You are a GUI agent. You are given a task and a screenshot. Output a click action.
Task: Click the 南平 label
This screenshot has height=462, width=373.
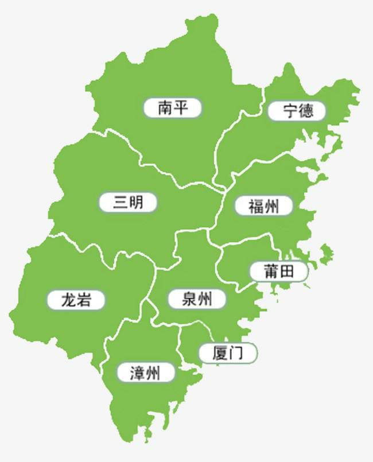172,107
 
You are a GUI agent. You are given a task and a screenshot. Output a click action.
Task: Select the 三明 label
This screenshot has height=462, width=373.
128,203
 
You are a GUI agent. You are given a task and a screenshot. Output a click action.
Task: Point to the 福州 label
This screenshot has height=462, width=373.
263,205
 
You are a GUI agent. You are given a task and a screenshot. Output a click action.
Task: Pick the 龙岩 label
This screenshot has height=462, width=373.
76,299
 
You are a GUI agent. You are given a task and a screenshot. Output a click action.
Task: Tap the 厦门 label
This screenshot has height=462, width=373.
227,352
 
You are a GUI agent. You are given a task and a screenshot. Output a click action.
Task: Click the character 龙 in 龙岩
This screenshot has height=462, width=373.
68,299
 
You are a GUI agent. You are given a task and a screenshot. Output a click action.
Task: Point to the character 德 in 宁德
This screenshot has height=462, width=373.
306,111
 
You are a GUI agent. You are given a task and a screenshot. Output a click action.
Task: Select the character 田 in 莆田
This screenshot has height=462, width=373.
288,271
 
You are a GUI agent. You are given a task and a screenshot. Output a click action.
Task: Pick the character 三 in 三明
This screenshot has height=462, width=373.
120,203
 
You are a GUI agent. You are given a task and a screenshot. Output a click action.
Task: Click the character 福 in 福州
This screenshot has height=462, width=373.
255,205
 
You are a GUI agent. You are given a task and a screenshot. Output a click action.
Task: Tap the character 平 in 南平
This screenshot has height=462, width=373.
181,107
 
